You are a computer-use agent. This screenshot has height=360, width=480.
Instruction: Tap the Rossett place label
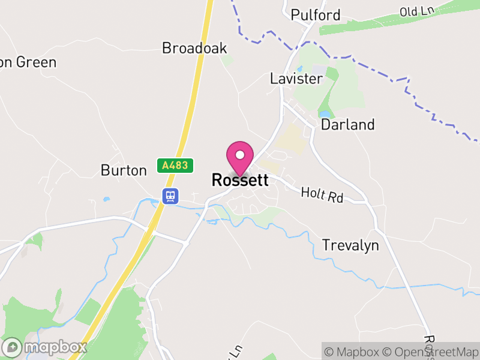point(240,180)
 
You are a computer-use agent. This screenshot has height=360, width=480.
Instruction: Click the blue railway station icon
point(170,196)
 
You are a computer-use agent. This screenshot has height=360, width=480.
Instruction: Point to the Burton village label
point(124,170)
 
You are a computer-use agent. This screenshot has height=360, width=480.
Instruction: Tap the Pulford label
point(315,15)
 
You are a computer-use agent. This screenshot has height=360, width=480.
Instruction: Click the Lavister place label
point(296,79)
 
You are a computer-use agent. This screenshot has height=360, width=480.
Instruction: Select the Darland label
point(348,125)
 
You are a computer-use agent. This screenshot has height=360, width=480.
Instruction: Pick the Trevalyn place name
point(350,245)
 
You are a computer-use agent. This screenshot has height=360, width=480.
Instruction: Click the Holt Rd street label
point(322,194)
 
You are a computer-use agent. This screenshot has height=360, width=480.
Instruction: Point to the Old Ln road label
point(416,10)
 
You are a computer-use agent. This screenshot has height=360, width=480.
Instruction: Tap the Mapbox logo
point(45,347)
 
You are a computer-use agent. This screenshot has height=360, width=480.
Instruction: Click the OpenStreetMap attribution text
point(431,352)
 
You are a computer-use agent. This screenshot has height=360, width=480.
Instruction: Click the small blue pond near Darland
point(325,113)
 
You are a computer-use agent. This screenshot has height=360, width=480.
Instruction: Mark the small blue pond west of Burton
point(106,199)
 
